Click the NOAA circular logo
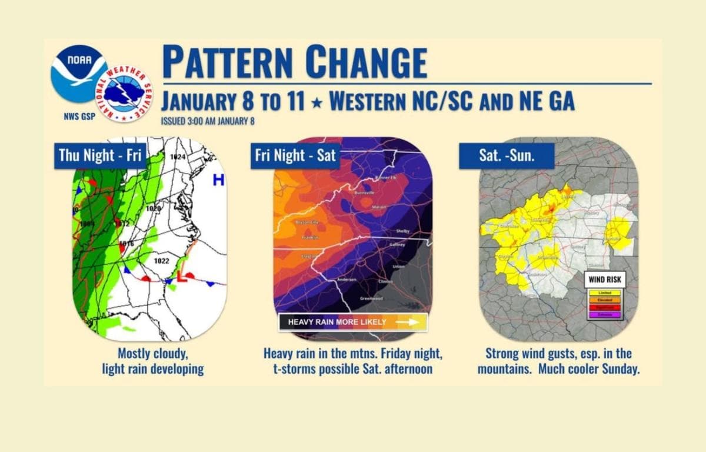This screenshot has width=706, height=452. [x=78, y=74]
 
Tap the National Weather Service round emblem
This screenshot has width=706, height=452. [x=124, y=94]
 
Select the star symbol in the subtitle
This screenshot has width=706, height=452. [x=317, y=103]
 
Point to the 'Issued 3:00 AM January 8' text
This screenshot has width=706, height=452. [x=208, y=122]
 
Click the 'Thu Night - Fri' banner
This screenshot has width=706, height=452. [x=100, y=156]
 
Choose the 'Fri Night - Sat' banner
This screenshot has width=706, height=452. [x=295, y=156]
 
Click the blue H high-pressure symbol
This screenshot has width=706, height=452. [x=218, y=180]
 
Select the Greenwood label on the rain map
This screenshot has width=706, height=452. [x=372, y=299]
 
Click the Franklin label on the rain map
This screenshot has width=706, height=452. [x=311, y=237]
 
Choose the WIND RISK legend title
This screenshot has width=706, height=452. [x=605, y=280]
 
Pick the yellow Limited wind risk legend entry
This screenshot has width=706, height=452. [x=605, y=293]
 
